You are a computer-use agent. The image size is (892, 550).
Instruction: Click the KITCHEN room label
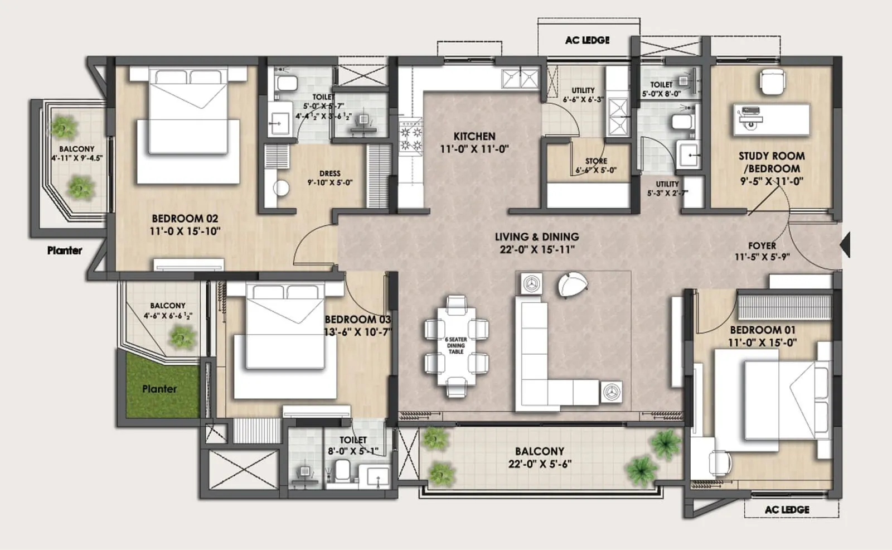[474, 136]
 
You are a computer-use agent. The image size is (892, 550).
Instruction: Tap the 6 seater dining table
[456, 346]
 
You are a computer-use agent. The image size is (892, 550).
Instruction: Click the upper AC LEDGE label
[587, 40]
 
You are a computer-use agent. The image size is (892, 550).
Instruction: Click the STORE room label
[596, 161]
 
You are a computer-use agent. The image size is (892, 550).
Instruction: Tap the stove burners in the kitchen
[411, 139]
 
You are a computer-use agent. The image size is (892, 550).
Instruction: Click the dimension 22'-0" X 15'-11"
[536, 249]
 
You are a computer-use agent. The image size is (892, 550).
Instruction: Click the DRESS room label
[329, 173]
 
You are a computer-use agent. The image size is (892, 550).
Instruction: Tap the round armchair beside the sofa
[573, 284]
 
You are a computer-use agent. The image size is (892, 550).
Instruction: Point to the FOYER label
[762, 245]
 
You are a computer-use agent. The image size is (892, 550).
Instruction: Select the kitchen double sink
[521, 79]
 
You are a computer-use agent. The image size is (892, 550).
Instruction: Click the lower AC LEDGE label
[787, 509]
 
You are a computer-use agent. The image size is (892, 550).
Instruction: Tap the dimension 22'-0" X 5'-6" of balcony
[539, 464]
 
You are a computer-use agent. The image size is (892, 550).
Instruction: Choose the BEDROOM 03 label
[357, 320]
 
